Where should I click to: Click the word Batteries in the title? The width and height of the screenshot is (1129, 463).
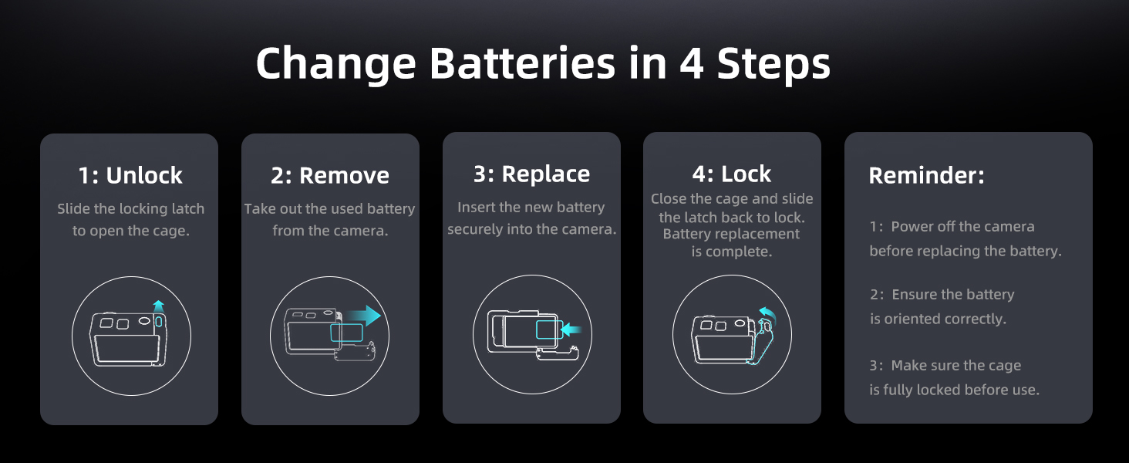[523, 63]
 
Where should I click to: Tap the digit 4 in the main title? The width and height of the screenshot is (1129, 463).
[692, 63]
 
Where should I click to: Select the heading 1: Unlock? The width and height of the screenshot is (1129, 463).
[130, 175]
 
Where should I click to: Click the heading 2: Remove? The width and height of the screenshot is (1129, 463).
[329, 175]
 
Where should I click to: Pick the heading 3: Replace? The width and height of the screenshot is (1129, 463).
[531, 174]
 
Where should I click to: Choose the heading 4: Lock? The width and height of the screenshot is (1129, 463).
[731, 174]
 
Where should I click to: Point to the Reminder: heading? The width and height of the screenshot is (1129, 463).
[926, 175]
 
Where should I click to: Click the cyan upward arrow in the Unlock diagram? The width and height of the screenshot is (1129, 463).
[158, 306]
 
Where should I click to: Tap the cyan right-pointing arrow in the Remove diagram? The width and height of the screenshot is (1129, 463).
[363, 316]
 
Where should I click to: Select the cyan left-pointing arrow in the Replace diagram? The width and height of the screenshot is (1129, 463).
[571, 330]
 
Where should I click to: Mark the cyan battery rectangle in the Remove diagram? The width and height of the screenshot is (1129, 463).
[346, 333]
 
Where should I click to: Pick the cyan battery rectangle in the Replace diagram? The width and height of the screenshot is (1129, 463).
[549, 330]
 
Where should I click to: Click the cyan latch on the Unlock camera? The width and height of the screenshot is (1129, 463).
[158, 321]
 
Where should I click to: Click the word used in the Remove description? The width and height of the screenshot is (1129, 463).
[348, 209]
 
